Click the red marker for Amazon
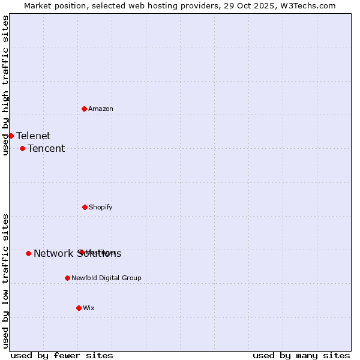pos(85,109)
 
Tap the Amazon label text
pos(101,109)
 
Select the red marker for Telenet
pos(11,136)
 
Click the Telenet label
pos(34,136)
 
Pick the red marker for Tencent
pos(22,148)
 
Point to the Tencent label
pos(46,148)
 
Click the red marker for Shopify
pos(85,207)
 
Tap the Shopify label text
pos(101,207)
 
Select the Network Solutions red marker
pos(28,253)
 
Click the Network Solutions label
pos(77,253)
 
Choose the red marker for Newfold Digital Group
pos(67,278)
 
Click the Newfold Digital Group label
pos(107,278)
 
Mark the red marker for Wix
pos(79,308)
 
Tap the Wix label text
pos(89,308)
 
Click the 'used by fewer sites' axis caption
pos(62,355)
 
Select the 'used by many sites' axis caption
pos(301,355)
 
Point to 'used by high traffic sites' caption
pos(5,85)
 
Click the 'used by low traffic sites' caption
pos(5,281)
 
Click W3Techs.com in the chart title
pos(310,5)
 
